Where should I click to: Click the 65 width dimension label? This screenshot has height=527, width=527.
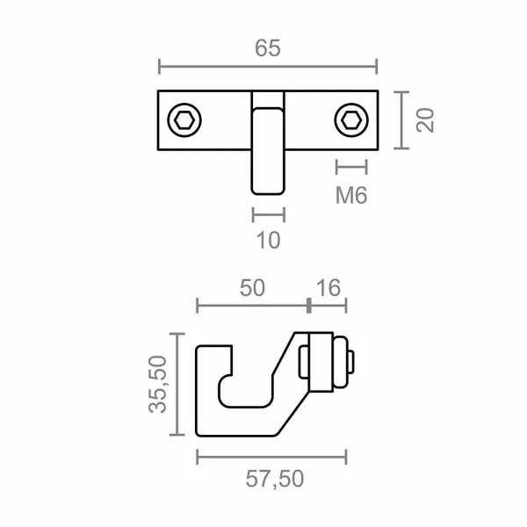[268, 49]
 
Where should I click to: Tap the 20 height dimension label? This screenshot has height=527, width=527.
[426, 119]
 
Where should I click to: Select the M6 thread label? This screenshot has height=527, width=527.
[351, 195]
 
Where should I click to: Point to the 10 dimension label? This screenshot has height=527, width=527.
[268, 240]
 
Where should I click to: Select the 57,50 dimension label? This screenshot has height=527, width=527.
[271, 479]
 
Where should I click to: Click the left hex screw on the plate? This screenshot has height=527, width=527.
[184, 120]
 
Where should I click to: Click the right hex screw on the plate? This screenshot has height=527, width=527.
[351, 120]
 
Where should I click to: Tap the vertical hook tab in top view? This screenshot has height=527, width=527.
[268, 145]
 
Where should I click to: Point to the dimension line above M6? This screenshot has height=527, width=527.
[351, 166]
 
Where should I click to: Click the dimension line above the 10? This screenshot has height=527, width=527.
[268, 213]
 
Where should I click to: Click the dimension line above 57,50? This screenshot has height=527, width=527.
[271, 456]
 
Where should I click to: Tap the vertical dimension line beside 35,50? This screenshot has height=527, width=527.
[180, 384]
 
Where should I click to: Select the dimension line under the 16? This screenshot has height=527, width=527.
[328, 305]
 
